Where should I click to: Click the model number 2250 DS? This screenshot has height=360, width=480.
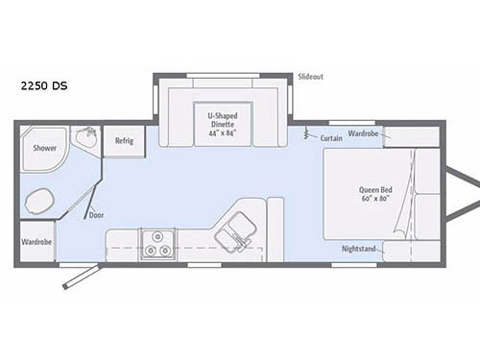(43, 85)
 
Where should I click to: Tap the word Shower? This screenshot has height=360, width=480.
(44, 149)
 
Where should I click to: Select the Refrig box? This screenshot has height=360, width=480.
(124, 141)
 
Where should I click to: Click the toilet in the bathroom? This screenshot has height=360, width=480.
(39, 201)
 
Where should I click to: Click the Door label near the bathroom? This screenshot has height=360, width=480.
(96, 215)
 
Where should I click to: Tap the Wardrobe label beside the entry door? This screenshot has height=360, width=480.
(36, 241)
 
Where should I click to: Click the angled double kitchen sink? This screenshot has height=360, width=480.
(231, 233)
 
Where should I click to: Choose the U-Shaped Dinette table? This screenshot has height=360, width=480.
(223, 121)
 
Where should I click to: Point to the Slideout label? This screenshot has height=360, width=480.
(309, 76)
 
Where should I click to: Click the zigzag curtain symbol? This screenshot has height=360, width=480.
(307, 132)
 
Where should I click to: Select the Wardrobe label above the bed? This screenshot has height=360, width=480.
(363, 133)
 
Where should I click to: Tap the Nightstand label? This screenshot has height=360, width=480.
(360, 249)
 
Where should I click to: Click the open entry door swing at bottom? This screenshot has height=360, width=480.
(80, 276)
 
